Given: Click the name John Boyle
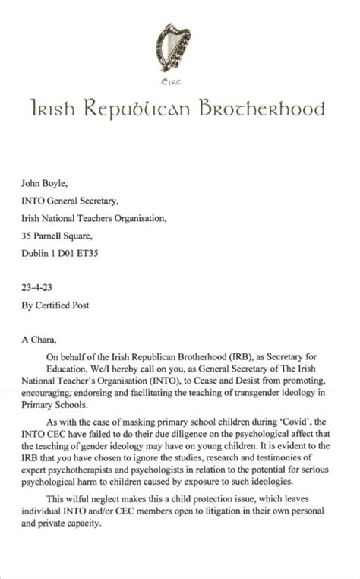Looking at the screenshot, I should (x=49, y=182).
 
